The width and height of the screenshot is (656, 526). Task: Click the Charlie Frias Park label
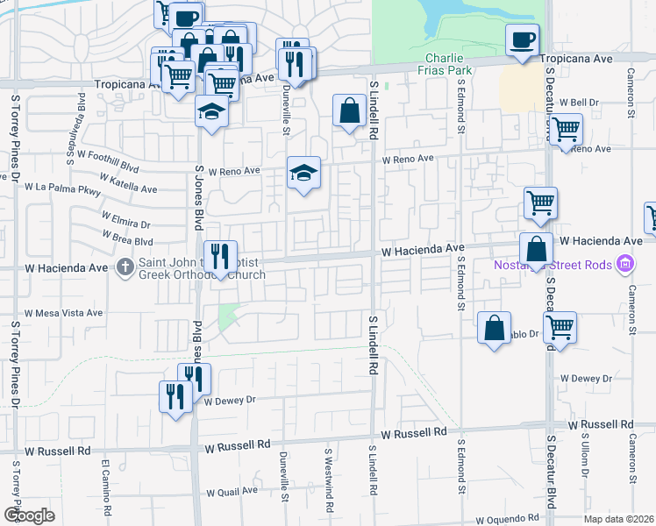coord(442,63)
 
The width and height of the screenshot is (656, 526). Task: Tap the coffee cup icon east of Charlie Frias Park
coord(522,40)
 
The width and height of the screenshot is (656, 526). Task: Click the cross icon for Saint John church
coord(126,266)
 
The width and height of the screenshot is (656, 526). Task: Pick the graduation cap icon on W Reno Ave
coord(303,174)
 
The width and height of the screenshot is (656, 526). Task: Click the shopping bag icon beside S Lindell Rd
coord(349,111)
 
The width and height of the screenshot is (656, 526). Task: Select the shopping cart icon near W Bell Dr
coord(565,130)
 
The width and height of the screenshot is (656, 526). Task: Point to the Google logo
coord(29,515)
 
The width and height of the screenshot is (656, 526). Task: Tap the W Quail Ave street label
coord(230,491)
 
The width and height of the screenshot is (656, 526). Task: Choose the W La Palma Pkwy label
coord(63,187)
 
